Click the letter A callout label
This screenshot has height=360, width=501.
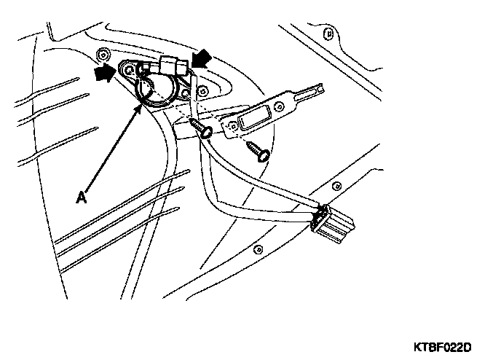tap(82, 196)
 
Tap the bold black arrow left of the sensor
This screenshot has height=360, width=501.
tap(106, 74)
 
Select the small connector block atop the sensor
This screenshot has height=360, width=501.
tap(173, 66)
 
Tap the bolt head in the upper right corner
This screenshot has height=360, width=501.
tap(331, 34)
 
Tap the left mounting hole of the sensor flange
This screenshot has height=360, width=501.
tap(129, 70)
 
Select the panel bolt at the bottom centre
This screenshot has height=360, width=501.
tap(257, 249)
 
